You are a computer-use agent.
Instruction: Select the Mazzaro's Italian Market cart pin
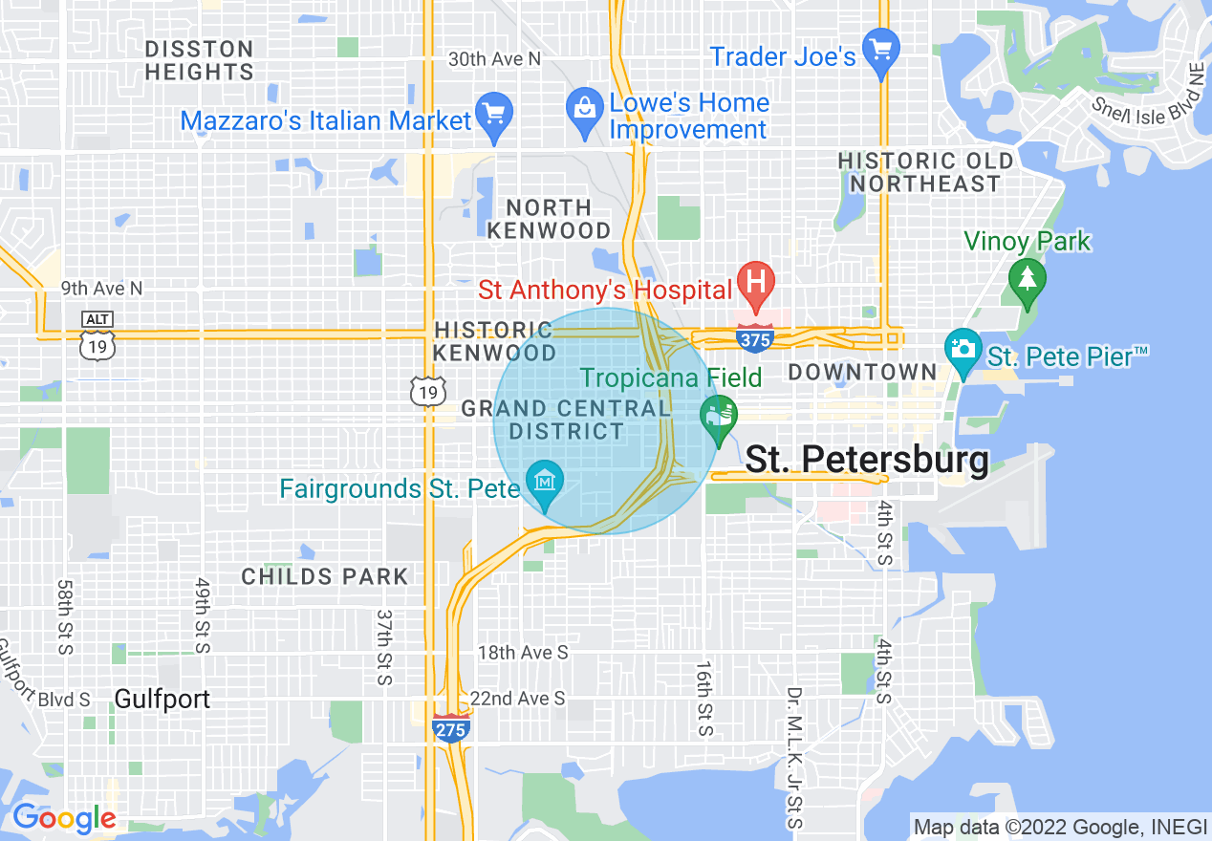pos(494,112)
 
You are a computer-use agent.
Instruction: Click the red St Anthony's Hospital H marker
pos(755,283)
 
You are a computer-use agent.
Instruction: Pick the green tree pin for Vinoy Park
pos(1028,279)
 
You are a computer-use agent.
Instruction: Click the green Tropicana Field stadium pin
pos(718,416)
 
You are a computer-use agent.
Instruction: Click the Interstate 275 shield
pos(450,728)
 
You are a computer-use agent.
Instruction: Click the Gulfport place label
pos(162,699)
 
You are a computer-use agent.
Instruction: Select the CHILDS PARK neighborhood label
pos(325,576)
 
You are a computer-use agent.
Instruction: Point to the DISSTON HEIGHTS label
pos(199,60)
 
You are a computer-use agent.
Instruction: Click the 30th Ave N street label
pos(494,59)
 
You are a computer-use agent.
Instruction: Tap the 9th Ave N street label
pos(101,288)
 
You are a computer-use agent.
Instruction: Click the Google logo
pos(63,818)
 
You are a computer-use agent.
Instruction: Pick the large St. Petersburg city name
pos(866,460)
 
